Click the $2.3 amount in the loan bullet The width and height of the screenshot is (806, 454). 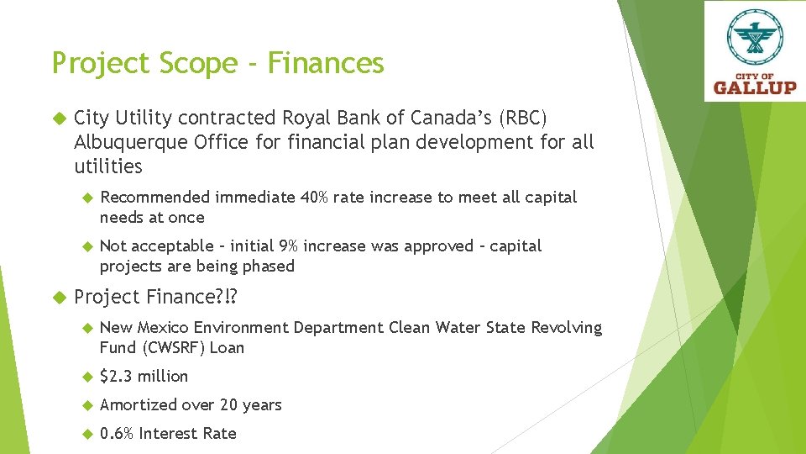coord(116,377)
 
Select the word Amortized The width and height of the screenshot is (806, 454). coord(137,405)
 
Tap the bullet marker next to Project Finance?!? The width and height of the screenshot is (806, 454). coord(59,298)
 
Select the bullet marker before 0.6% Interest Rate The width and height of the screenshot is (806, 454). coord(86,434)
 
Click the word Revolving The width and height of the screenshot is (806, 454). coord(564,328)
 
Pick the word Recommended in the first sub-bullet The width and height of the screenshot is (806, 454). coord(154,198)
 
